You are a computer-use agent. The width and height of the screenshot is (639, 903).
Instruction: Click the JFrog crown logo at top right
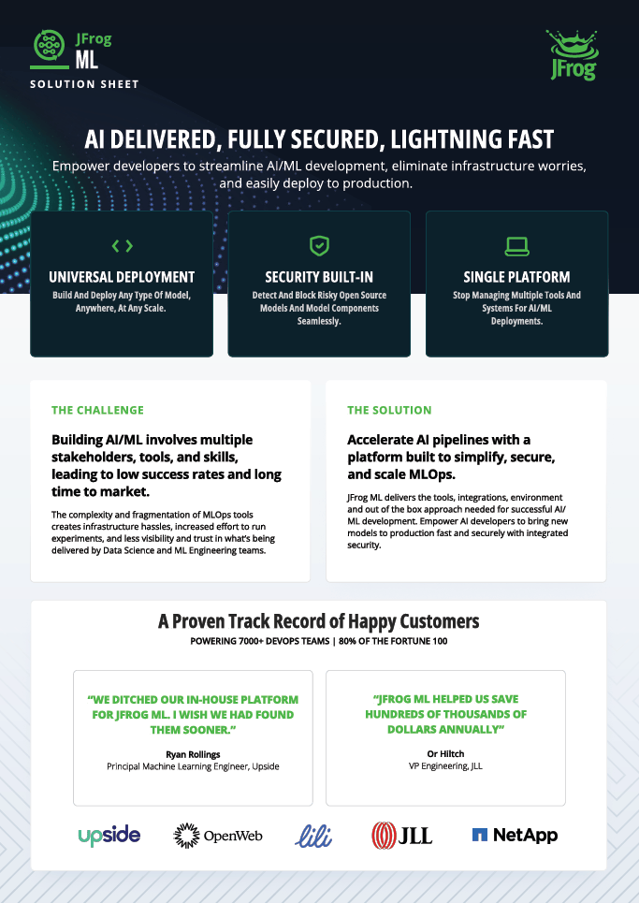pyautogui.click(x=574, y=55)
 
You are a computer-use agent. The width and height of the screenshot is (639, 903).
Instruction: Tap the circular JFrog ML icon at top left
pyautogui.click(x=49, y=45)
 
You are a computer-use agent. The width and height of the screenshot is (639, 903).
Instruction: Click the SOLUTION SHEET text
pyautogui.click(x=84, y=84)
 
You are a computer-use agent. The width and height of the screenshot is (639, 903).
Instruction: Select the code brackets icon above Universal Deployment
pyautogui.click(x=122, y=246)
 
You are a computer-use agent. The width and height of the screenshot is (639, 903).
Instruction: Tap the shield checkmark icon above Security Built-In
pyautogui.click(x=320, y=245)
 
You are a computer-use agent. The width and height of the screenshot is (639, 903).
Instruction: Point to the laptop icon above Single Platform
pyautogui.click(x=517, y=246)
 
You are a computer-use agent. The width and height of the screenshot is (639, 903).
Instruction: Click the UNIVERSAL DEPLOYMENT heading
pyautogui.click(x=122, y=277)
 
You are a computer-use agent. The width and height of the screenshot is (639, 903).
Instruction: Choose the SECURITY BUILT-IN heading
pyautogui.click(x=319, y=277)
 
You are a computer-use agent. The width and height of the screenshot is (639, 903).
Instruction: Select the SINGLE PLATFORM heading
pyautogui.click(x=517, y=277)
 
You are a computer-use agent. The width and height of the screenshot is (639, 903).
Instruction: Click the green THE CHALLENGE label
pyautogui.click(x=98, y=410)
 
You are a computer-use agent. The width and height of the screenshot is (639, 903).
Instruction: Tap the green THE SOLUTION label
pyautogui.click(x=389, y=410)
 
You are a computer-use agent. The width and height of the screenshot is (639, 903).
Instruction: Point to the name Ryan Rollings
pyautogui.click(x=193, y=754)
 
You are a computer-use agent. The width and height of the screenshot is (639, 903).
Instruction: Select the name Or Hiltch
pyautogui.click(x=445, y=754)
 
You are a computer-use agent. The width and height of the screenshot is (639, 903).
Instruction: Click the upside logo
pyautogui.click(x=109, y=836)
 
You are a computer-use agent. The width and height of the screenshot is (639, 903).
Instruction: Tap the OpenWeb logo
pyautogui.click(x=218, y=836)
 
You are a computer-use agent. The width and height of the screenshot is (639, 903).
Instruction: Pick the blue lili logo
pyautogui.click(x=313, y=836)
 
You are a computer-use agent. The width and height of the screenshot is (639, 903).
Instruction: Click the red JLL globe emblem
pyautogui.click(x=384, y=836)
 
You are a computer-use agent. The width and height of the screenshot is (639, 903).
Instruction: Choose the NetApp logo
pyautogui.click(x=515, y=835)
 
